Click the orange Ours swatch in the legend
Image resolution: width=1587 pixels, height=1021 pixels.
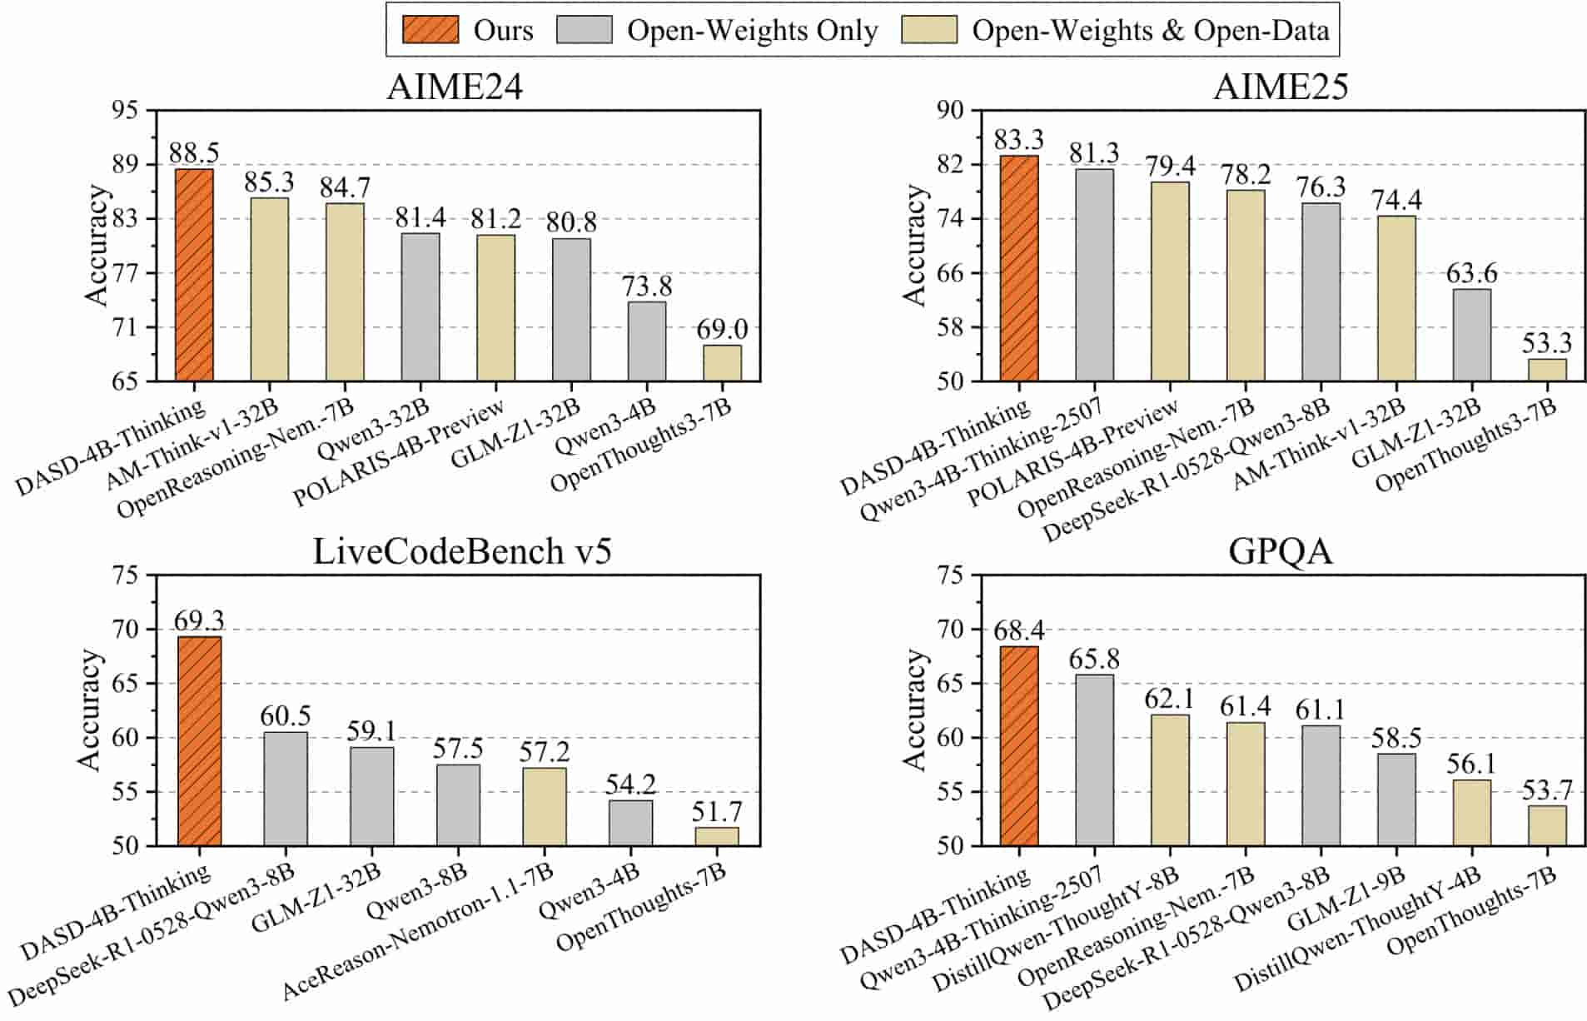click(x=430, y=30)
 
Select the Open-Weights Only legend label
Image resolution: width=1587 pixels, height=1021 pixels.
click(x=752, y=30)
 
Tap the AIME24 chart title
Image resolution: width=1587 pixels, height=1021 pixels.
click(x=455, y=87)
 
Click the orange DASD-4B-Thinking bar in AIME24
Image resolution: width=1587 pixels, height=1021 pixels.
click(x=194, y=275)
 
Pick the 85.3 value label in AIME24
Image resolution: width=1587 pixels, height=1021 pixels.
click(x=269, y=181)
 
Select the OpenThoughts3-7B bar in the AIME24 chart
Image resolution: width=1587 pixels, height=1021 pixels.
click(x=722, y=363)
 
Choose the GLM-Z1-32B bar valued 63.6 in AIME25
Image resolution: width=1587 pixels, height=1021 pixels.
click(x=1471, y=335)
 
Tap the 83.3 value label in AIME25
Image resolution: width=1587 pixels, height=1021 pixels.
click(x=1018, y=139)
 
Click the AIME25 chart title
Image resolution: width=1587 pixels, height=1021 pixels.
click(x=1281, y=87)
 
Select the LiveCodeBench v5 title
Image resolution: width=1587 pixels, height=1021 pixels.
click(x=462, y=551)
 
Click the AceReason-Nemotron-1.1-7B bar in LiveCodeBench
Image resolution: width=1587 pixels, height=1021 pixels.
click(x=544, y=806)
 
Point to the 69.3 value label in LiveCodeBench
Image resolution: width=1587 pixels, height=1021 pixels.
click(x=199, y=620)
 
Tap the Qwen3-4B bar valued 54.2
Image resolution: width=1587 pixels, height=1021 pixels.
click(x=630, y=823)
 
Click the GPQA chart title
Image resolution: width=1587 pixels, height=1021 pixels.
click(x=1280, y=551)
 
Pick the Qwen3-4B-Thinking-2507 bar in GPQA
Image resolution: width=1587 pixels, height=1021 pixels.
click(x=1094, y=760)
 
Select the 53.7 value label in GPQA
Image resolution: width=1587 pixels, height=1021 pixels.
click(x=1547, y=789)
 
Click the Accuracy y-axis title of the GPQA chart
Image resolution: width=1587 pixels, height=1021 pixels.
click(x=914, y=710)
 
